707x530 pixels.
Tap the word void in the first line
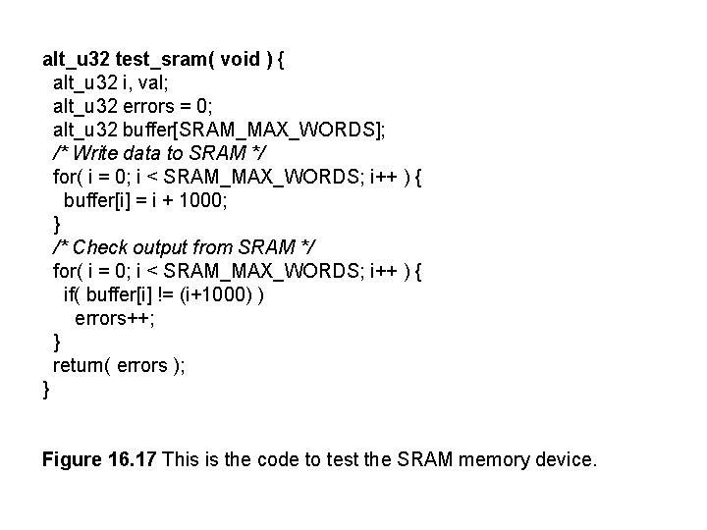[240, 60]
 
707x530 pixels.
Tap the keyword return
[81, 365]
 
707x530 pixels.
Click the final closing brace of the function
[46, 389]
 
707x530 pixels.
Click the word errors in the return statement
[142, 365]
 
